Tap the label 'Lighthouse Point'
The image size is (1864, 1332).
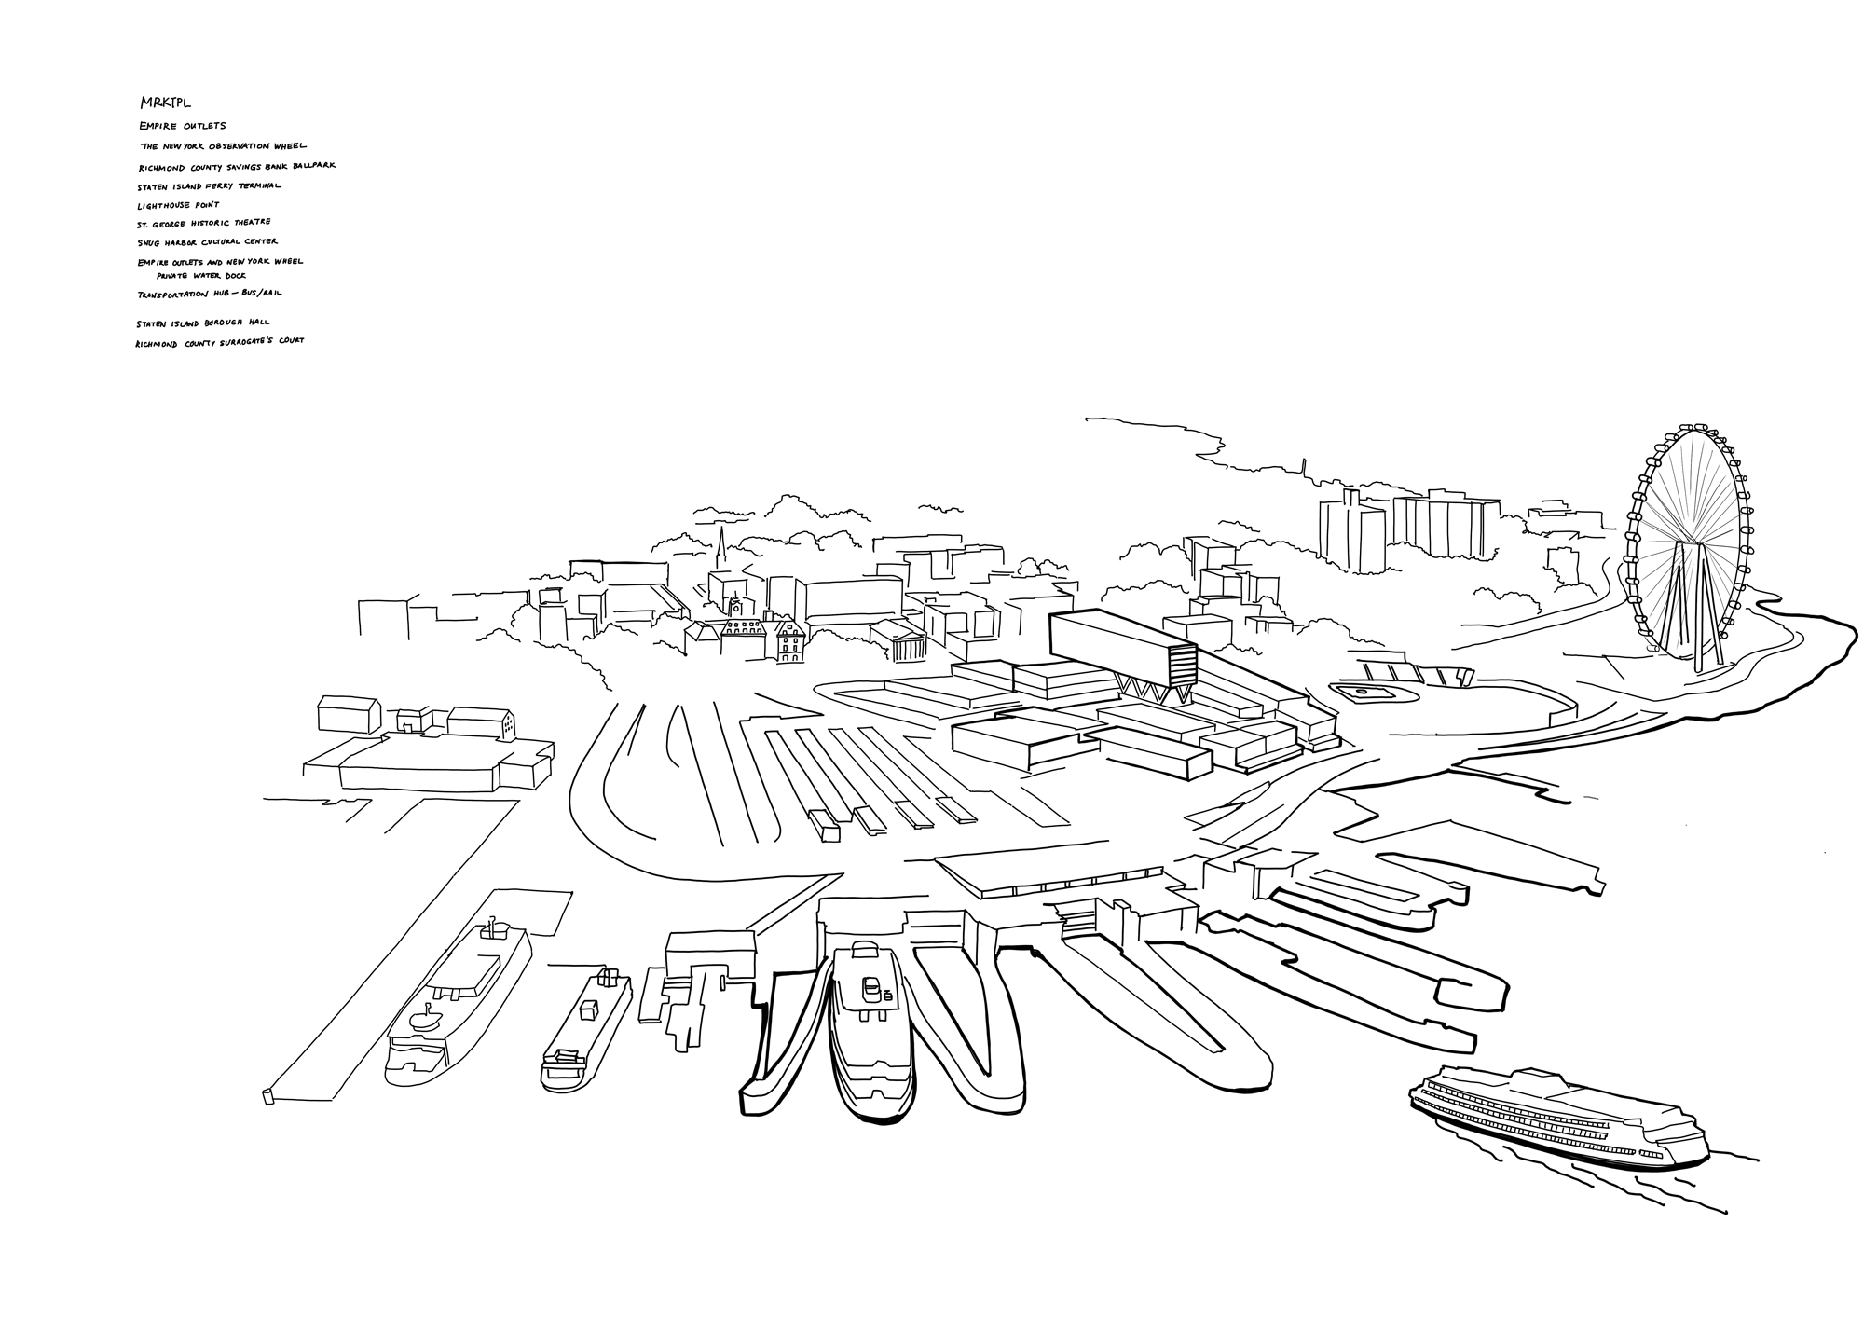point(178,205)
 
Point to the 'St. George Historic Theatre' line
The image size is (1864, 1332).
point(203,223)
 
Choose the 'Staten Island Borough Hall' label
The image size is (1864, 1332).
point(202,323)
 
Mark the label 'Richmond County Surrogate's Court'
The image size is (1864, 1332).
point(219,342)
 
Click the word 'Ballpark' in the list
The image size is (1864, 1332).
point(311,165)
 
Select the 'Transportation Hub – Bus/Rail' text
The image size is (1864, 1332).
point(209,294)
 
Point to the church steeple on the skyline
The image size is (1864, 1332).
point(720,545)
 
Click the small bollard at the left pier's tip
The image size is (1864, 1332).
point(268,1095)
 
